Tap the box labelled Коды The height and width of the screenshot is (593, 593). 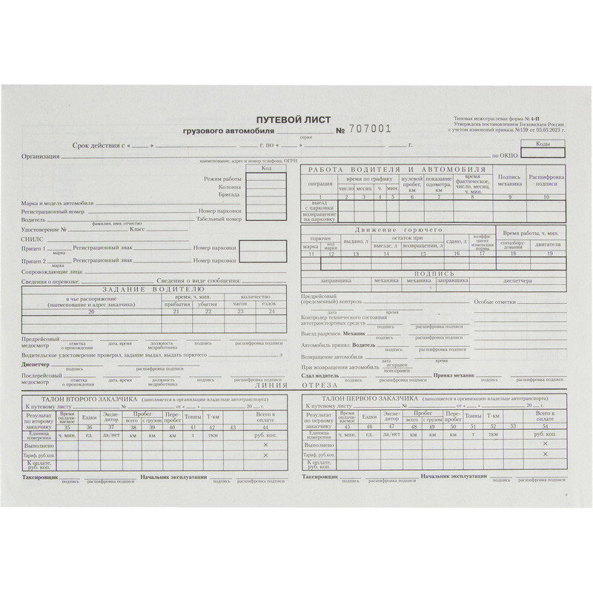[x=542, y=143]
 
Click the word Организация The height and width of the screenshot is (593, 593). [x=40, y=156]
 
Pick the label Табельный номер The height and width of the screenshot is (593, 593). [x=219, y=219]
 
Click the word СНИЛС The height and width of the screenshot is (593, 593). [x=33, y=241]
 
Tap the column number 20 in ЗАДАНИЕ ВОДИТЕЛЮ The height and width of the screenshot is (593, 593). [x=91, y=312]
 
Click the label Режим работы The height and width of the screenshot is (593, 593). [x=222, y=180]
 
